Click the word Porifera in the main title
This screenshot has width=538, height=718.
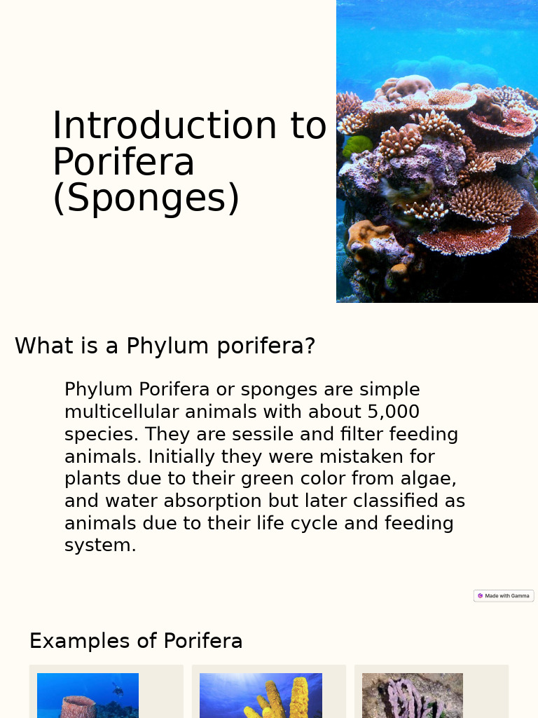coord(123,162)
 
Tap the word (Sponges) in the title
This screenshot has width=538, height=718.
coord(146,198)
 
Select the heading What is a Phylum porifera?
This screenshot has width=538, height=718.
coord(165,346)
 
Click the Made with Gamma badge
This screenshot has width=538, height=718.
coord(504,596)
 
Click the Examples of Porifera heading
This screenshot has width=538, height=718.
coord(136,641)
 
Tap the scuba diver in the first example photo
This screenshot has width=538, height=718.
coord(118,690)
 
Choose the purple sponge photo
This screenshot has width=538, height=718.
coord(412,698)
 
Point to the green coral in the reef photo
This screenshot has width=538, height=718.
coord(357,146)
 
